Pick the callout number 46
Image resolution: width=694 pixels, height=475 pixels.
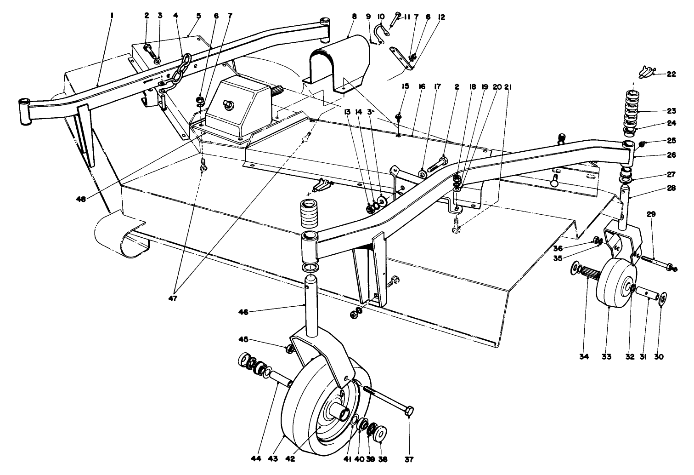243,312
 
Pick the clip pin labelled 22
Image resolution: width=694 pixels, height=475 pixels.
645,71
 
